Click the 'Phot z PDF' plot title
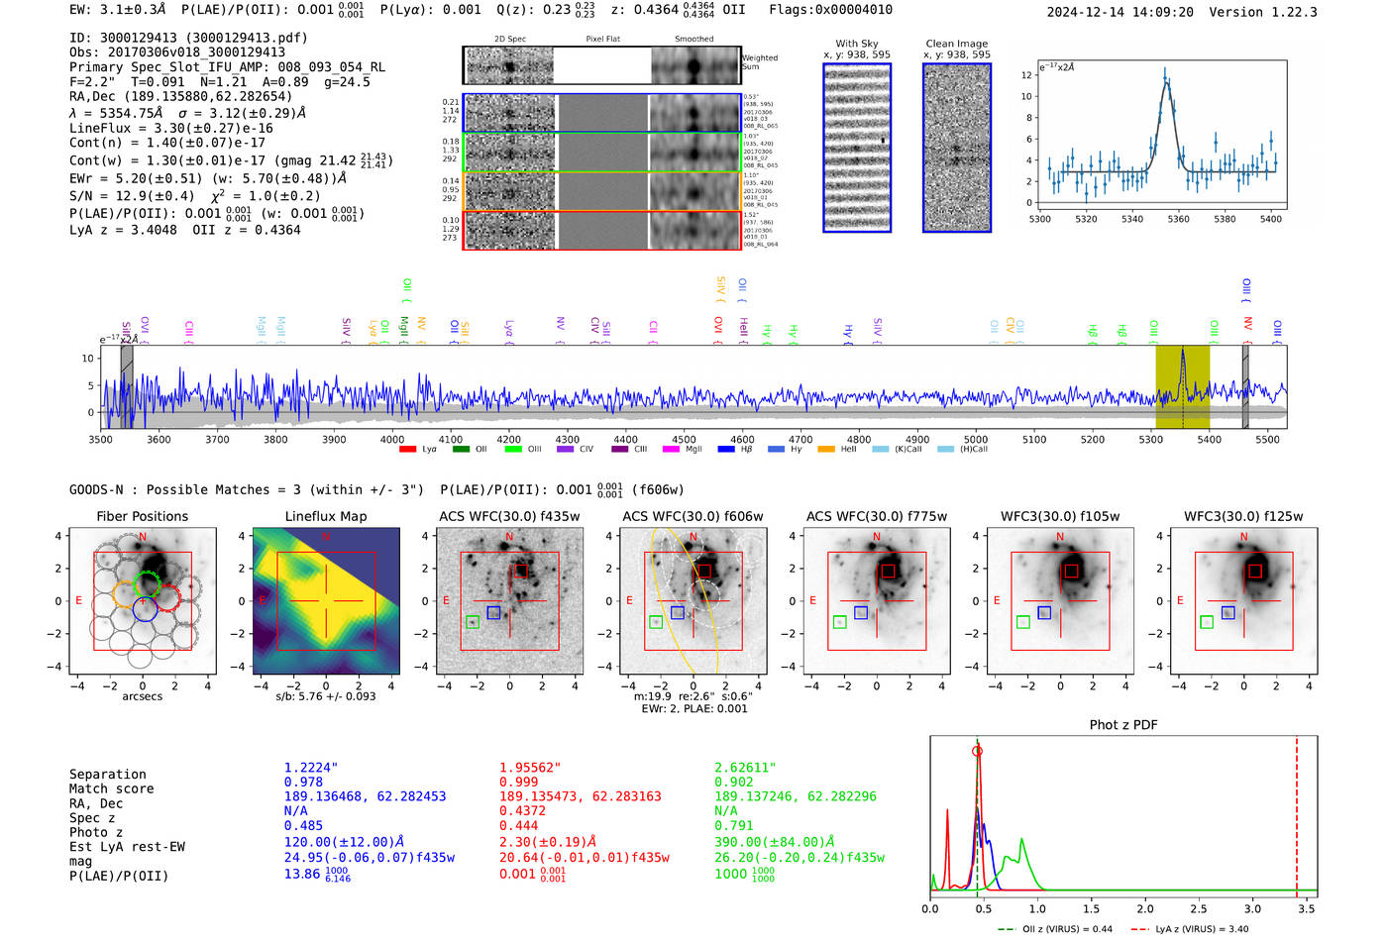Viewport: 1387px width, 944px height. [1123, 725]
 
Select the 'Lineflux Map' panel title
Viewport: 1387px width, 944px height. [326, 516]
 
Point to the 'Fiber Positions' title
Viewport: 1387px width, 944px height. [142, 516]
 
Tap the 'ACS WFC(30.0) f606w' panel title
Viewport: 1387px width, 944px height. [693, 516]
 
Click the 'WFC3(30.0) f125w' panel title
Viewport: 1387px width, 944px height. [1243, 516]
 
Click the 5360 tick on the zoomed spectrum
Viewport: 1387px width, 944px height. [1178, 219]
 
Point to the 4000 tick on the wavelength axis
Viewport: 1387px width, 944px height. [392, 440]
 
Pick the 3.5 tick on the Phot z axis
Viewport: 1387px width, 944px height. [1307, 908]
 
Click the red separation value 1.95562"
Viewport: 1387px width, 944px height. [530, 768]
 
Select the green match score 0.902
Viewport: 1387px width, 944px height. [734, 782]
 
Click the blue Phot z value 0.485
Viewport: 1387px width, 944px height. [303, 825]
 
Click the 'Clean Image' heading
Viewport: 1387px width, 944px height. [956, 44]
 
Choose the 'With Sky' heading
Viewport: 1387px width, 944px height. [857, 44]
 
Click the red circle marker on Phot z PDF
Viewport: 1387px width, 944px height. [977, 752]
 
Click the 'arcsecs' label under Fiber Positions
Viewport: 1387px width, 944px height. [142, 696]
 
